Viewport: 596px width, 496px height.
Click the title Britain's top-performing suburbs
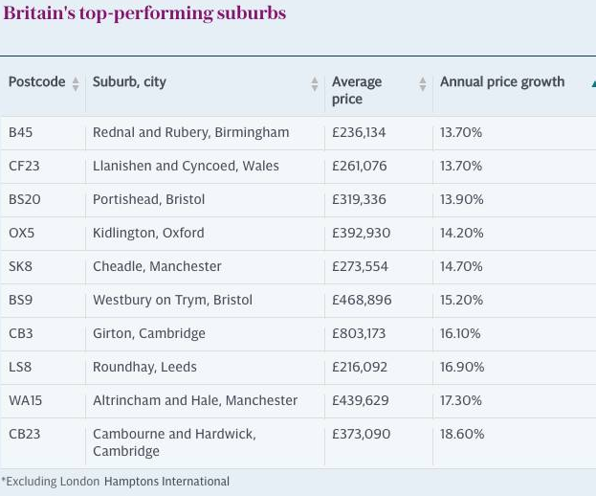(144, 14)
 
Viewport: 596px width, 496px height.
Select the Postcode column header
(36, 82)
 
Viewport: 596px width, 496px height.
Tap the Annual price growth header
(502, 82)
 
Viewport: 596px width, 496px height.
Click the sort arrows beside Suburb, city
(314, 84)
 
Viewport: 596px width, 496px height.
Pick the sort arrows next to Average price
(422, 84)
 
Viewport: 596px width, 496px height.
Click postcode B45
(20, 132)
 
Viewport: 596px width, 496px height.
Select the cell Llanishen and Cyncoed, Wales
(186, 166)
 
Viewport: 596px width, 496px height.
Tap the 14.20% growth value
(461, 233)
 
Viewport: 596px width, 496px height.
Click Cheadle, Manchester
(157, 266)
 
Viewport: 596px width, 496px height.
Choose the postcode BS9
(21, 300)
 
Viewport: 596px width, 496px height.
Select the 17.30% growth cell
(461, 400)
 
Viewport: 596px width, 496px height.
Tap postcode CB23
(25, 434)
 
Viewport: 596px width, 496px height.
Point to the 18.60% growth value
(462, 434)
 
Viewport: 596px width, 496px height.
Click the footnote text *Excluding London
(51, 482)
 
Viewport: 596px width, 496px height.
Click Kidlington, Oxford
(148, 233)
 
